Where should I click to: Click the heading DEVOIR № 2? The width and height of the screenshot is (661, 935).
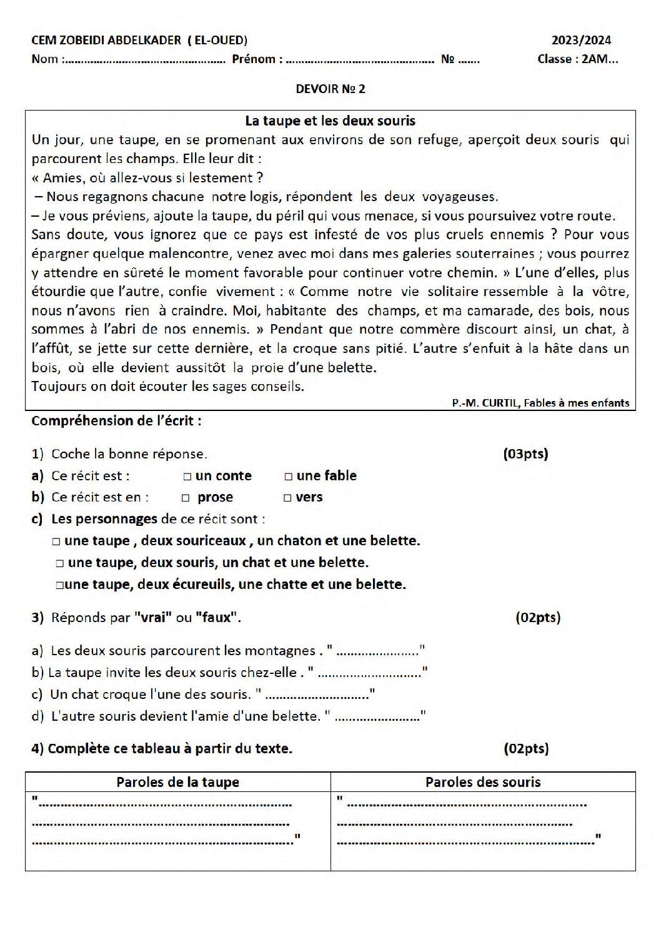(330, 89)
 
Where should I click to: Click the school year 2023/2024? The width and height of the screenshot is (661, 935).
(581, 41)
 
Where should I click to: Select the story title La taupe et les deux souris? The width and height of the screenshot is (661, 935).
(330, 121)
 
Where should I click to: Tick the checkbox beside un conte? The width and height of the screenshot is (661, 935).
(187, 477)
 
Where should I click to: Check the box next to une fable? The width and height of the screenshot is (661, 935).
(288, 477)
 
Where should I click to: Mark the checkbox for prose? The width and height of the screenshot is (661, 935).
(186, 498)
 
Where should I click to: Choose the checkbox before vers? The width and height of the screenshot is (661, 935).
(287, 498)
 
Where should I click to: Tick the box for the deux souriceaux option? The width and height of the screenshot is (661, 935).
(56, 542)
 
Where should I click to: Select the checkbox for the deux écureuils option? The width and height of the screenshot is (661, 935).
(59, 585)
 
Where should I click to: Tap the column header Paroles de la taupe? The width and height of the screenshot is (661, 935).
(177, 782)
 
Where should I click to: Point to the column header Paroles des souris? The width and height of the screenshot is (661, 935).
(483, 782)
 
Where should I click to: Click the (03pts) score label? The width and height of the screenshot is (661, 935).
(525, 454)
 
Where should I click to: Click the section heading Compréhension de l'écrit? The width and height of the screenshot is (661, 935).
(116, 420)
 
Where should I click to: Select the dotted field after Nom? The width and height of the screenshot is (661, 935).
(144, 61)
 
